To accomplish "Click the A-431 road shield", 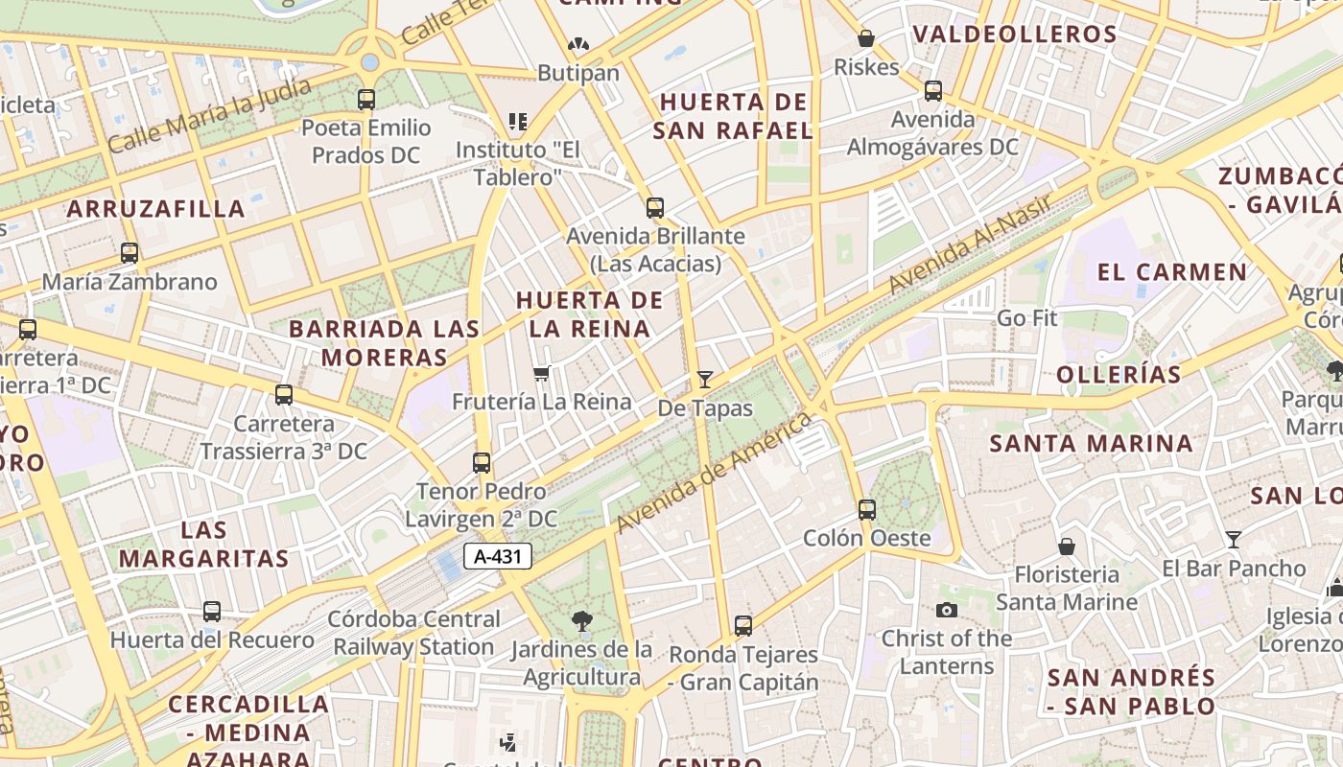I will (x=498, y=555).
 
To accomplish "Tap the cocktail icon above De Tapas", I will (x=705, y=379).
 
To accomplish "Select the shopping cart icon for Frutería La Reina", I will (x=542, y=373).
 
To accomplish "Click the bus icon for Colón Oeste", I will (x=867, y=509).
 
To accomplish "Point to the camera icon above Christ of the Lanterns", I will (x=947, y=610).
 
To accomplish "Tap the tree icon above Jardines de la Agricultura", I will (x=581, y=621).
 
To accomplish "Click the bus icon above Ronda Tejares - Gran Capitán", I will (x=743, y=626).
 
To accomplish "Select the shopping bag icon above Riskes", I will (x=866, y=38).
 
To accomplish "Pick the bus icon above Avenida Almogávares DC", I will (x=933, y=91).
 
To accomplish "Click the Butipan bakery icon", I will (x=577, y=44).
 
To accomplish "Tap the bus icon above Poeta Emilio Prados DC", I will (x=366, y=99).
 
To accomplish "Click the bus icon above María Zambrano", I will (x=130, y=253).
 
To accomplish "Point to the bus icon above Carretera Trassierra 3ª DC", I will (x=284, y=394).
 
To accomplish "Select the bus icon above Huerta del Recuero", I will (x=212, y=611).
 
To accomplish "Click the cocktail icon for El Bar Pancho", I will (x=1234, y=540).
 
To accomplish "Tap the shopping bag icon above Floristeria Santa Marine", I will (x=1067, y=546).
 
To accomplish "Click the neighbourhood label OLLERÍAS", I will (x=1119, y=375).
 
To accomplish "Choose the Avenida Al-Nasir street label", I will (x=970, y=244).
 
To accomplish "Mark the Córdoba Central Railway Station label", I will (x=413, y=633).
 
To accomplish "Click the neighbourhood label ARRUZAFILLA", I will (x=156, y=208).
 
